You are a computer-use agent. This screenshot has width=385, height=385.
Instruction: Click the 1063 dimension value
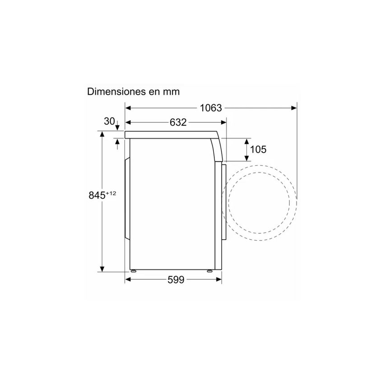211,108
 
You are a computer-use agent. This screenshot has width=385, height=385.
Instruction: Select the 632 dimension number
178,122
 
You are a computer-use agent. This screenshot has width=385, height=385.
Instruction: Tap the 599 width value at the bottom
176,280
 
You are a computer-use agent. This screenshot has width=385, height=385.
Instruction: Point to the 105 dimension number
258,149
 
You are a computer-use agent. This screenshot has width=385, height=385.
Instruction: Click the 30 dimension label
109,121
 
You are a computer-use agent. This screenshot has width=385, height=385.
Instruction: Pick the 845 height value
97,195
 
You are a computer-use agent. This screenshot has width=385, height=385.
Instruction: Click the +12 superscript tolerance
111,194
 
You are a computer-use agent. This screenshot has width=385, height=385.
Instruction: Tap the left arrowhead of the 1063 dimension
128,108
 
